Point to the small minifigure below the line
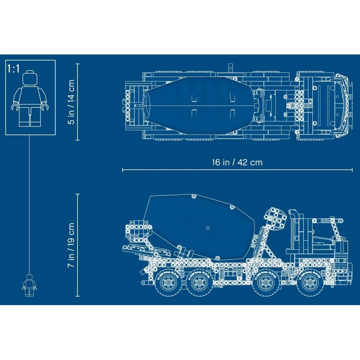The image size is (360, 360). coord(30,284)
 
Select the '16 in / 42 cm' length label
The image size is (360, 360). coord(237,162)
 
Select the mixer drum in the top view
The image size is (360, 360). coord(198,104)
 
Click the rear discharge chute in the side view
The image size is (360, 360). coord(135,243)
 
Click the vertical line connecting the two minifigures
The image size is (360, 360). coord(30,202)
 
